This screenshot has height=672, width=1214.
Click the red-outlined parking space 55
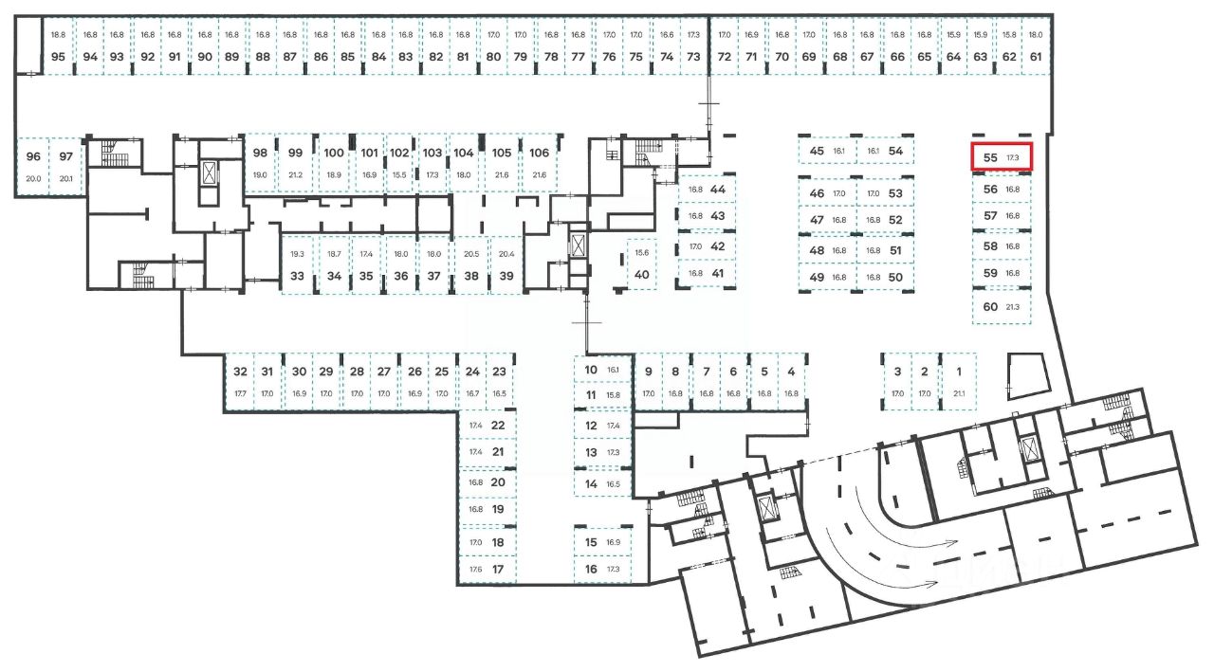(x=1001, y=157)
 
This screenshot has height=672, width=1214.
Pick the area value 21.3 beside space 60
(x=1012, y=307)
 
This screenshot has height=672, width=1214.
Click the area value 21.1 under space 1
(x=958, y=393)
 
